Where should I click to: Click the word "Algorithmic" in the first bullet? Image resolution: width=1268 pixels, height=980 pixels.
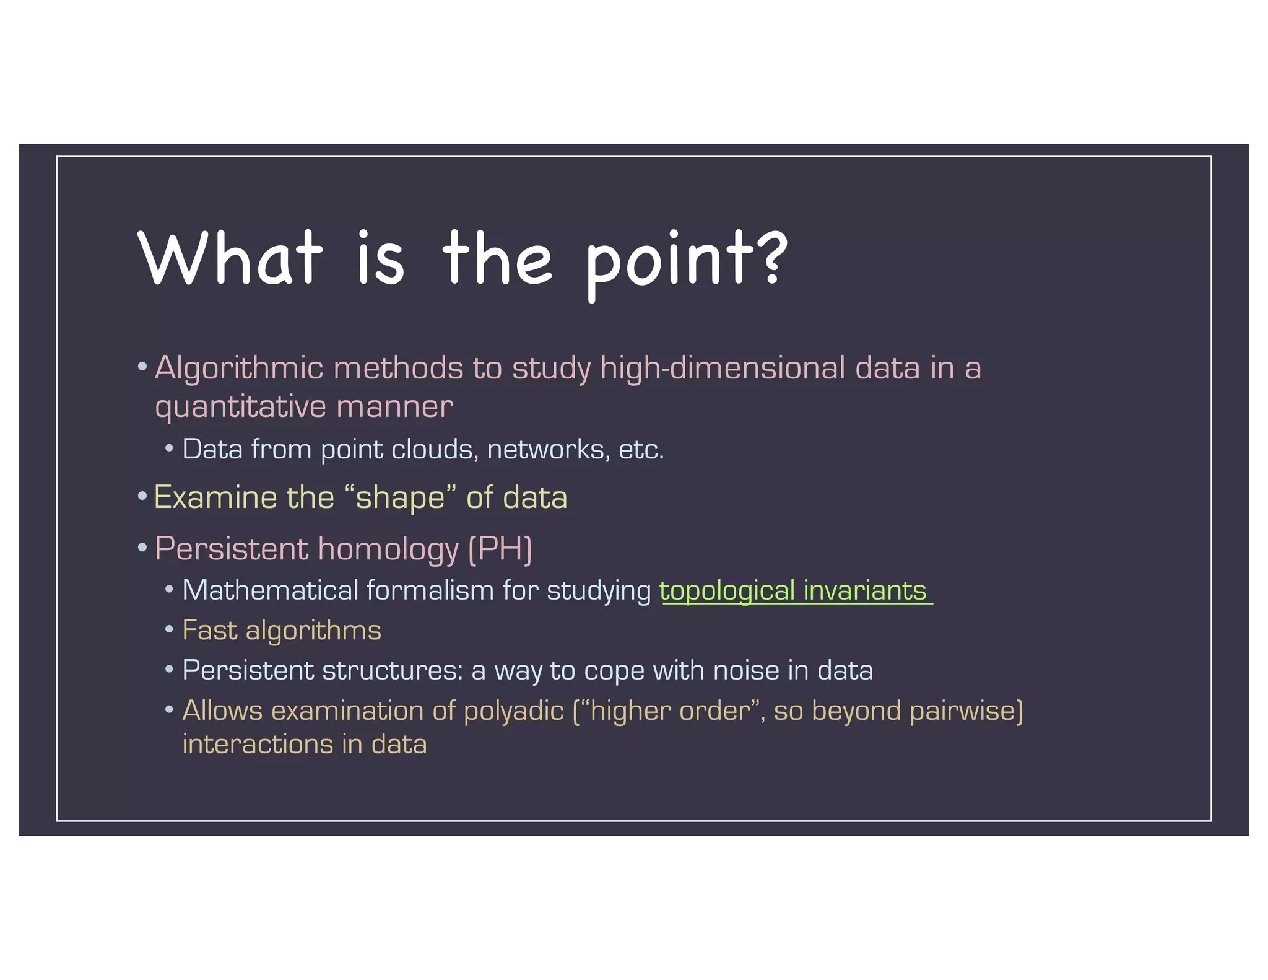coord(239,369)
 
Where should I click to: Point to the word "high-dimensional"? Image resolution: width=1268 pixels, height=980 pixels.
coord(723,369)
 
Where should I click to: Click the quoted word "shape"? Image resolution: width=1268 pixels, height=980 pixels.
coord(400,498)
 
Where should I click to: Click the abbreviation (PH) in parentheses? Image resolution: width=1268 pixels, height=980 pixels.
coord(500,549)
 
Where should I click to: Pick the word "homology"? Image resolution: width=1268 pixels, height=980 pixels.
coord(388,549)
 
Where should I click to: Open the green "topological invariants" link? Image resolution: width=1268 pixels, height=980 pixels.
coord(793,591)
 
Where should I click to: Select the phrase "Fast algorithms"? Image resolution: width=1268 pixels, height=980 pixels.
coord(282,631)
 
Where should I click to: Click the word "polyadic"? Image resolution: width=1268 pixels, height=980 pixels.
coord(513,711)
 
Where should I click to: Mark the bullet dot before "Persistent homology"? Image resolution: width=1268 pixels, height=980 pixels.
coord(142,548)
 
